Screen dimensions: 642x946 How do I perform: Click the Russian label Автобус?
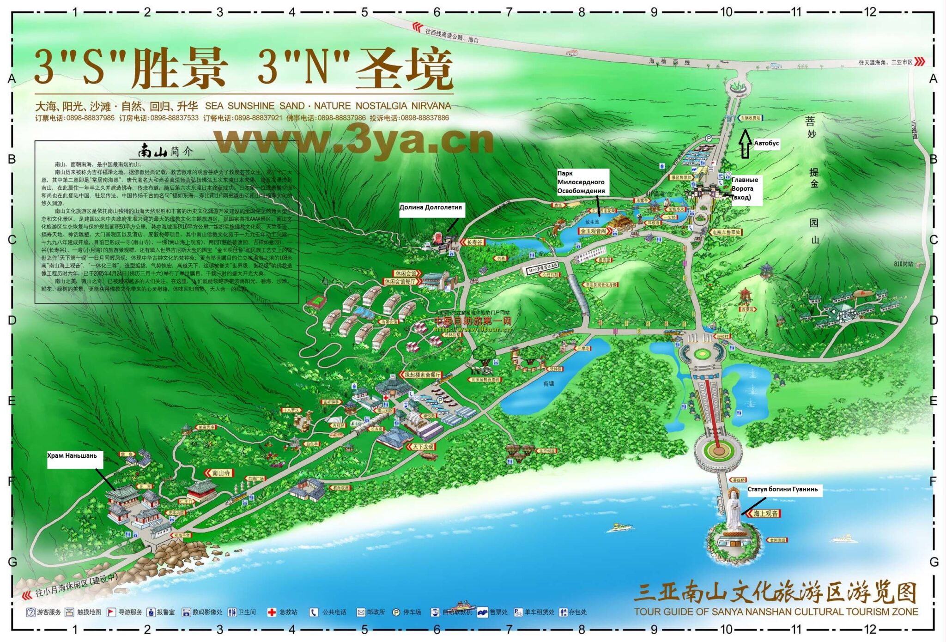tap(766, 143)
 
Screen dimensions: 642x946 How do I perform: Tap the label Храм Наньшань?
tap(72, 456)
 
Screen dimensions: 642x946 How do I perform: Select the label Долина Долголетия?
tap(431, 207)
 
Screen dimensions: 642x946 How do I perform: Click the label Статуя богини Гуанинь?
tap(782, 489)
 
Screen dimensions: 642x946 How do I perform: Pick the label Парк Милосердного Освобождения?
tap(581, 182)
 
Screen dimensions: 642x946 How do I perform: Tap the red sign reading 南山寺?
tap(219, 473)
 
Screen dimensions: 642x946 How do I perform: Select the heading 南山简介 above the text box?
tap(165, 151)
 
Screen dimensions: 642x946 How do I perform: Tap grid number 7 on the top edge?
tap(509, 12)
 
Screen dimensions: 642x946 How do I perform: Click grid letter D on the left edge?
tap(12, 320)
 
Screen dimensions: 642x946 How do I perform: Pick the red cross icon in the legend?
tap(272, 612)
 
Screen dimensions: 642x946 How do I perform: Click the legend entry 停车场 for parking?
tap(412, 612)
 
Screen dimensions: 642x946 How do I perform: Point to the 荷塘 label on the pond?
tap(548, 384)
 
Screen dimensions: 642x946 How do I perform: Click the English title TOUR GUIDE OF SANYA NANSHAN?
tap(776, 612)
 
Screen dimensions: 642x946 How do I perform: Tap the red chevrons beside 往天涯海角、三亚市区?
tap(920, 61)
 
